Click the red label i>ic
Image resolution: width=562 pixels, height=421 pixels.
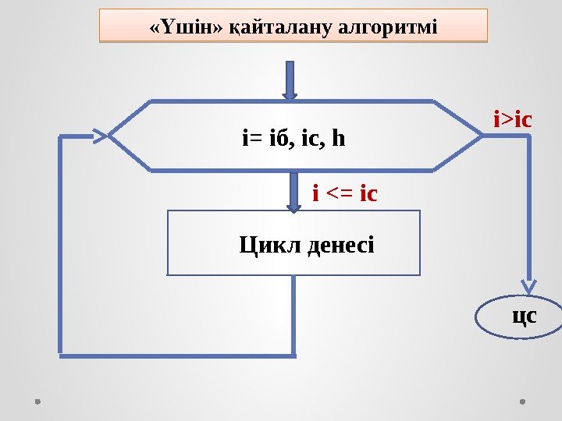point(512,120)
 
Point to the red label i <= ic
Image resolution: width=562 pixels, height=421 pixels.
point(344,192)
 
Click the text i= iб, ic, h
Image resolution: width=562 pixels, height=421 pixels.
point(293,140)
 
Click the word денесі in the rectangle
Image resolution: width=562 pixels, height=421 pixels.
point(340,246)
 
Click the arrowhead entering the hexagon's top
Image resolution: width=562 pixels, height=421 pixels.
point(290,95)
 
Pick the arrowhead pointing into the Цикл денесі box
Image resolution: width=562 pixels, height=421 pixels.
point(293,207)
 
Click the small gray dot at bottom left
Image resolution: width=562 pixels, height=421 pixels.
point(37,402)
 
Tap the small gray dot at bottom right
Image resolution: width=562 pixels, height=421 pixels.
point(521,402)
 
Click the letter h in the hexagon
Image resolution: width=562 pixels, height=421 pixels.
point(338,140)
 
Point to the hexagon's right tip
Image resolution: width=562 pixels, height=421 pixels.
point(483,136)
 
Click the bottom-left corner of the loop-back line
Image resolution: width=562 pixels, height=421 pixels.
point(62,356)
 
